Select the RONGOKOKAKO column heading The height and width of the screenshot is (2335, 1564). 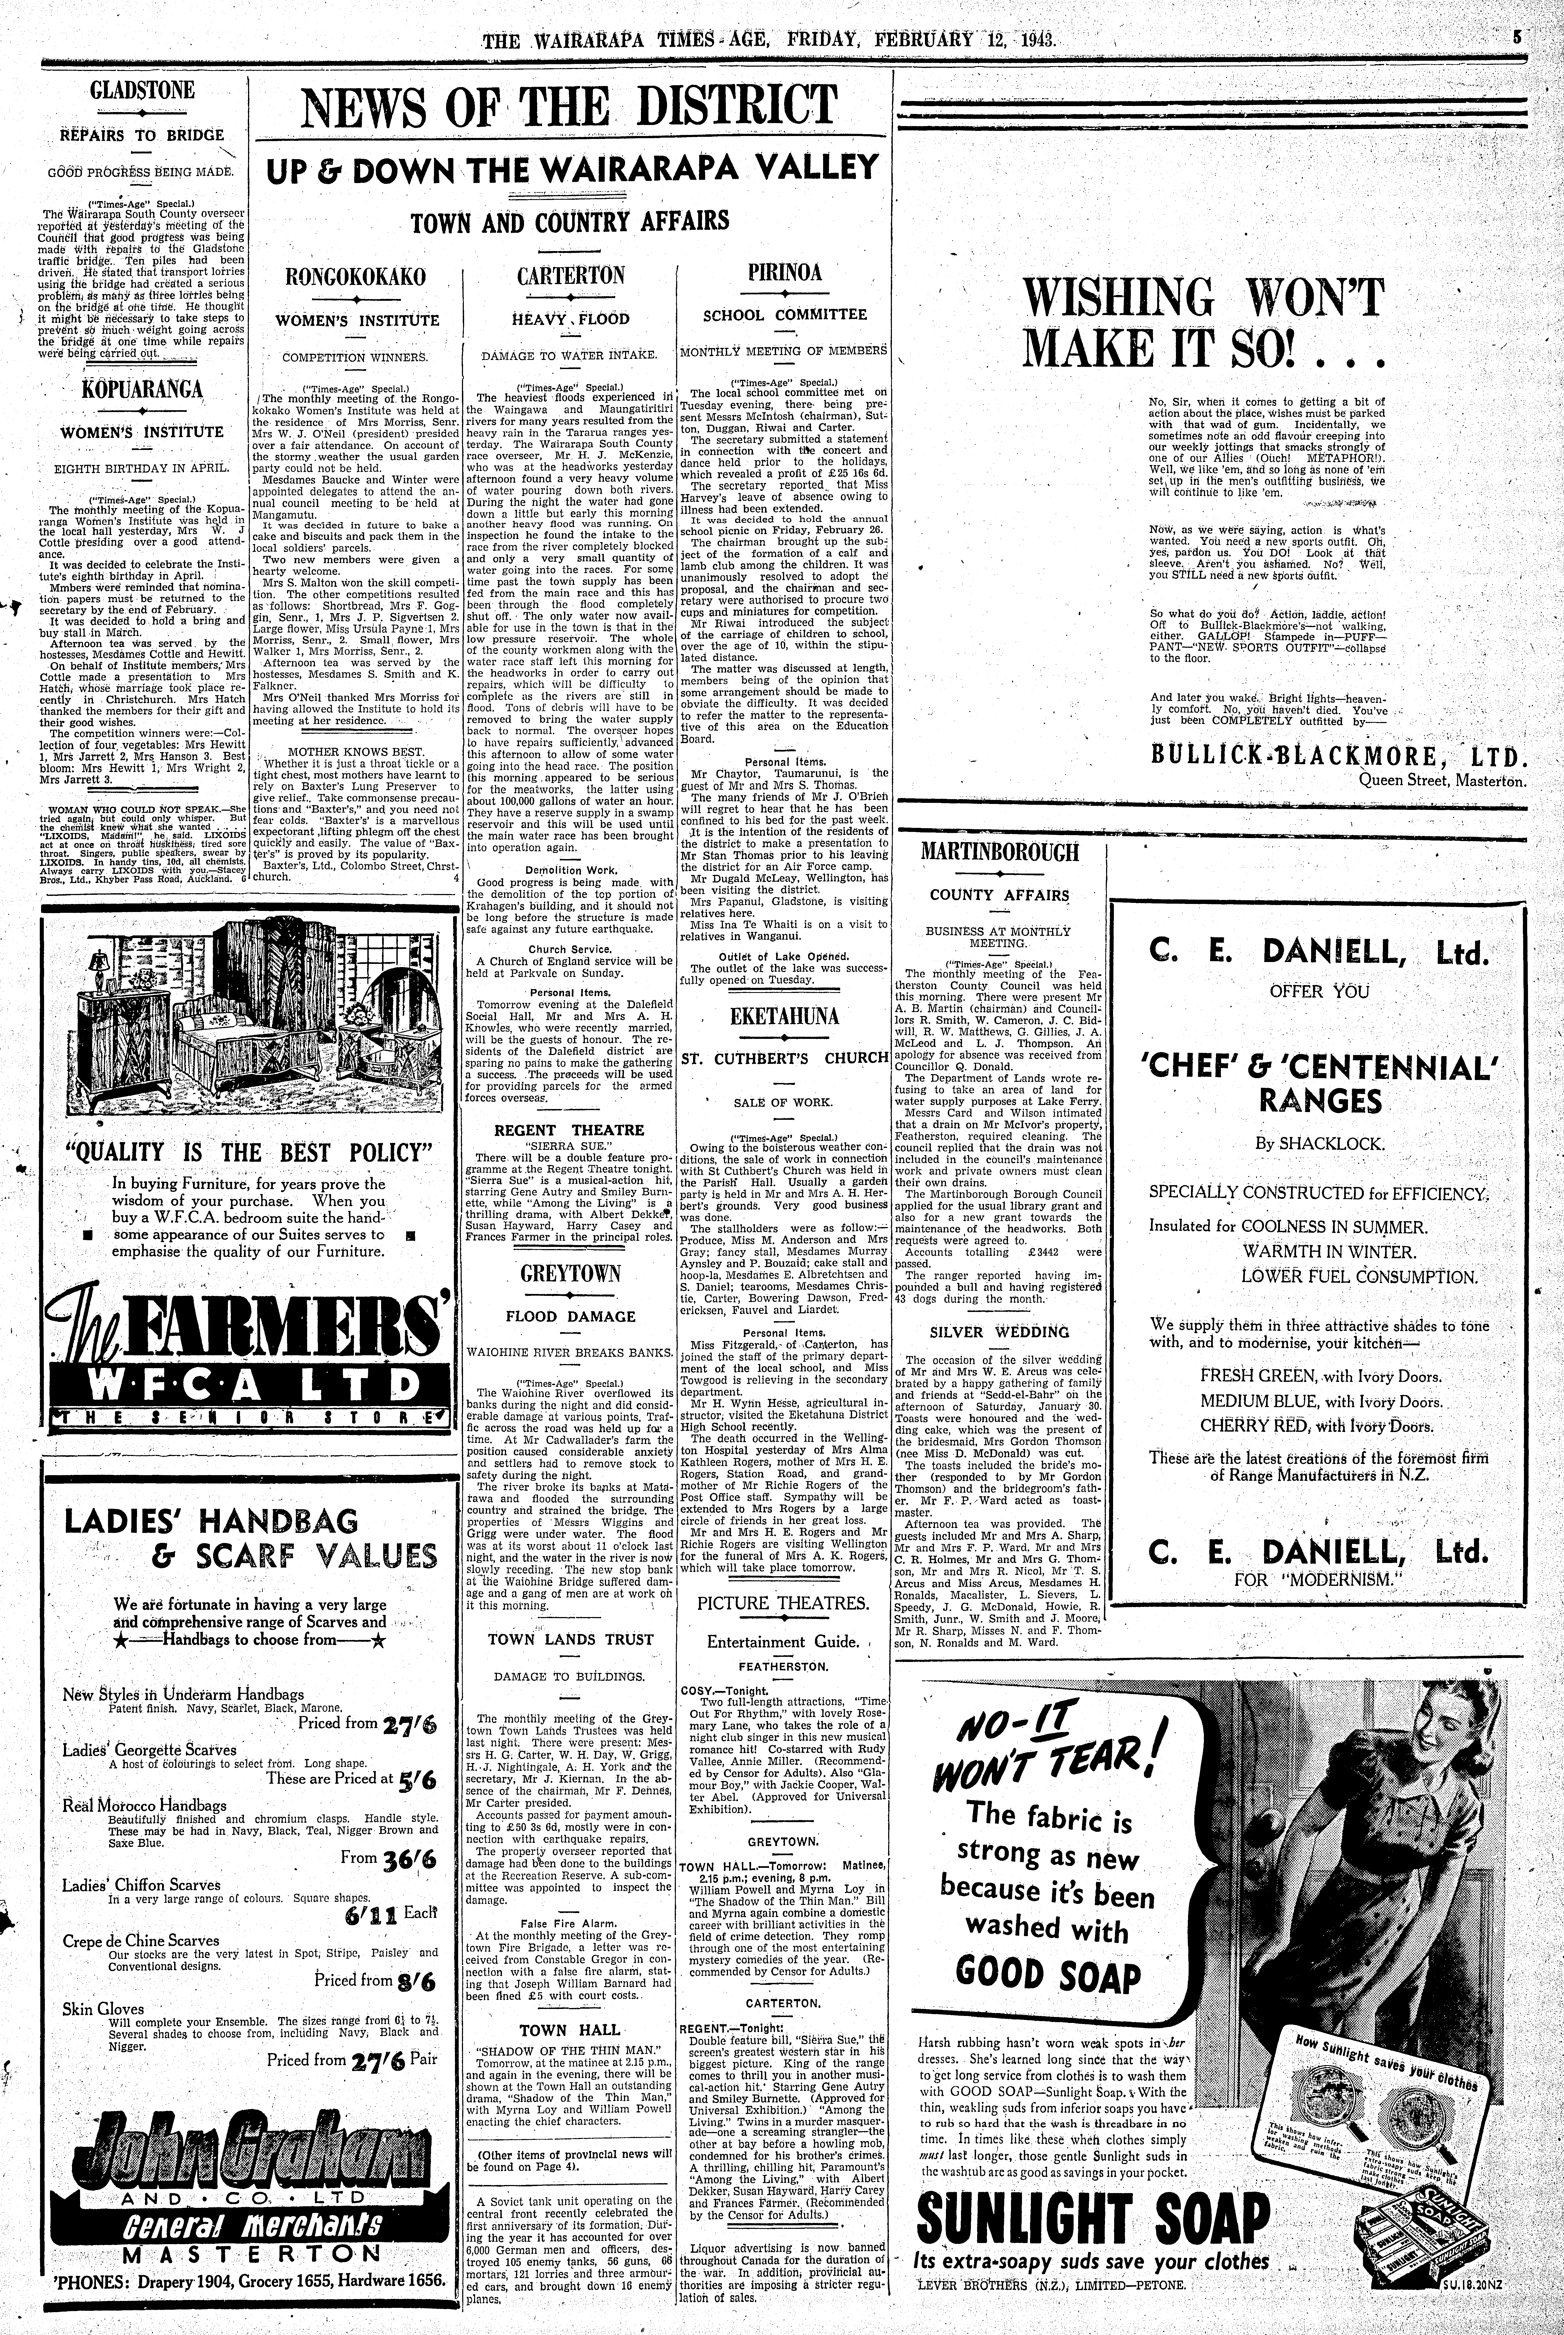click(357, 277)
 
